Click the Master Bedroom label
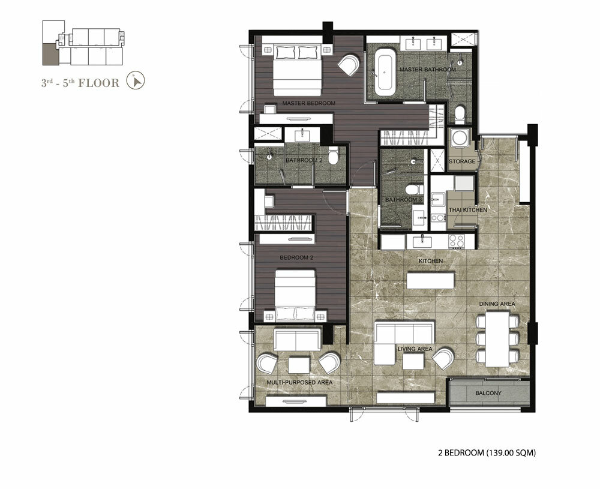(x=308, y=103)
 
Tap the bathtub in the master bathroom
(x=384, y=73)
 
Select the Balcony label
(x=488, y=393)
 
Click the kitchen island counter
(x=430, y=280)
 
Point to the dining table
(x=497, y=339)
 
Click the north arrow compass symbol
(x=136, y=81)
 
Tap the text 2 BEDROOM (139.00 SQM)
(x=487, y=453)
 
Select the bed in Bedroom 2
(x=295, y=295)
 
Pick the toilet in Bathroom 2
(x=333, y=156)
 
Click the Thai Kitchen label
(x=468, y=210)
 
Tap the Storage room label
(x=462, y=161)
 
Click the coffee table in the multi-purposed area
(x=299, y=365)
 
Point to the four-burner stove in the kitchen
(x=457, y=241)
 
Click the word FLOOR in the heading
(x=99, y=83)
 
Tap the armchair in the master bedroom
(x=349, y=65)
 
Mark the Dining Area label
(x=497, y=304)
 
